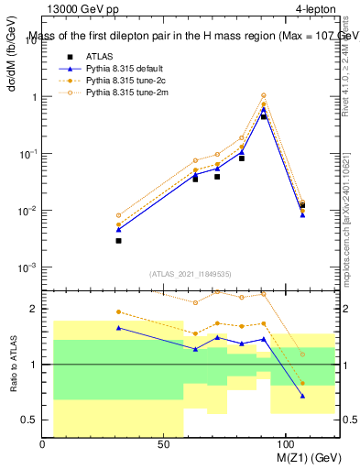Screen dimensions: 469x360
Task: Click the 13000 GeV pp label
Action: [x=73, y=10]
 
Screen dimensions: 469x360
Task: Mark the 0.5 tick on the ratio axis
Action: [x=30, y=420]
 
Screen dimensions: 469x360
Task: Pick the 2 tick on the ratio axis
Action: [x=33, y=309]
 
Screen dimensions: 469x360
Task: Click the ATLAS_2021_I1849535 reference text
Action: [x=191, y=273]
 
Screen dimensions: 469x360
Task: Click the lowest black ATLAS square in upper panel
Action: [x=119, y=240]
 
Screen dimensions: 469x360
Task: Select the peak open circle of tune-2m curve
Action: [x=264, y=95]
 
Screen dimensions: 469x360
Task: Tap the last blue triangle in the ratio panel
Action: [x=302, y=396]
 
